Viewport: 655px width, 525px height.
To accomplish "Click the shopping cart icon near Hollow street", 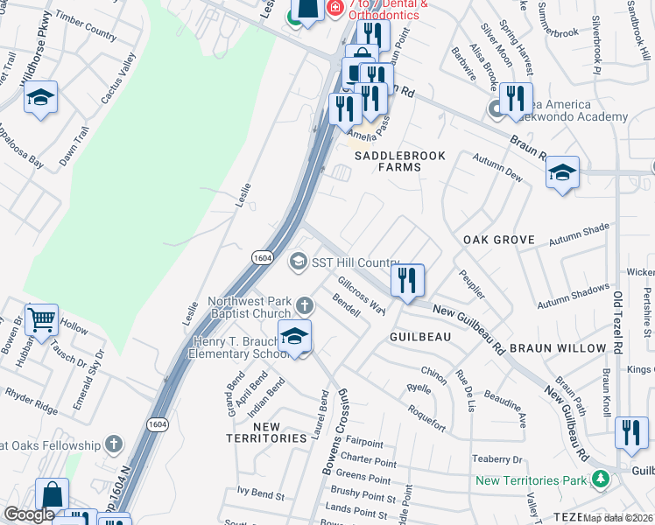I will point(41,320).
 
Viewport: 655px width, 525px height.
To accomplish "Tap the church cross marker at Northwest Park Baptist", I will point(304,305).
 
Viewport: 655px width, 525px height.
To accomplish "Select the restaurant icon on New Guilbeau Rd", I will point(406,280).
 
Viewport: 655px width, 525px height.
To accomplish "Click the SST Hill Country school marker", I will point(298,262).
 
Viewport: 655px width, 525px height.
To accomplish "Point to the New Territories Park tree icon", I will point(600,479).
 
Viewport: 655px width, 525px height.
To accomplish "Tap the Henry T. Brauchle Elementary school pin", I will point(295,335).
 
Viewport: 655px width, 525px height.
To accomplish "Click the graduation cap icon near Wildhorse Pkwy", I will point(40,97).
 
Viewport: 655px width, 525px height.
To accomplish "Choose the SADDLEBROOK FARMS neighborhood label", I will point(399,162).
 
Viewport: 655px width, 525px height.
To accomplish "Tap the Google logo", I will point(29,514).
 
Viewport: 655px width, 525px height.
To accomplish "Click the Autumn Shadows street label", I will point(573,296).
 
